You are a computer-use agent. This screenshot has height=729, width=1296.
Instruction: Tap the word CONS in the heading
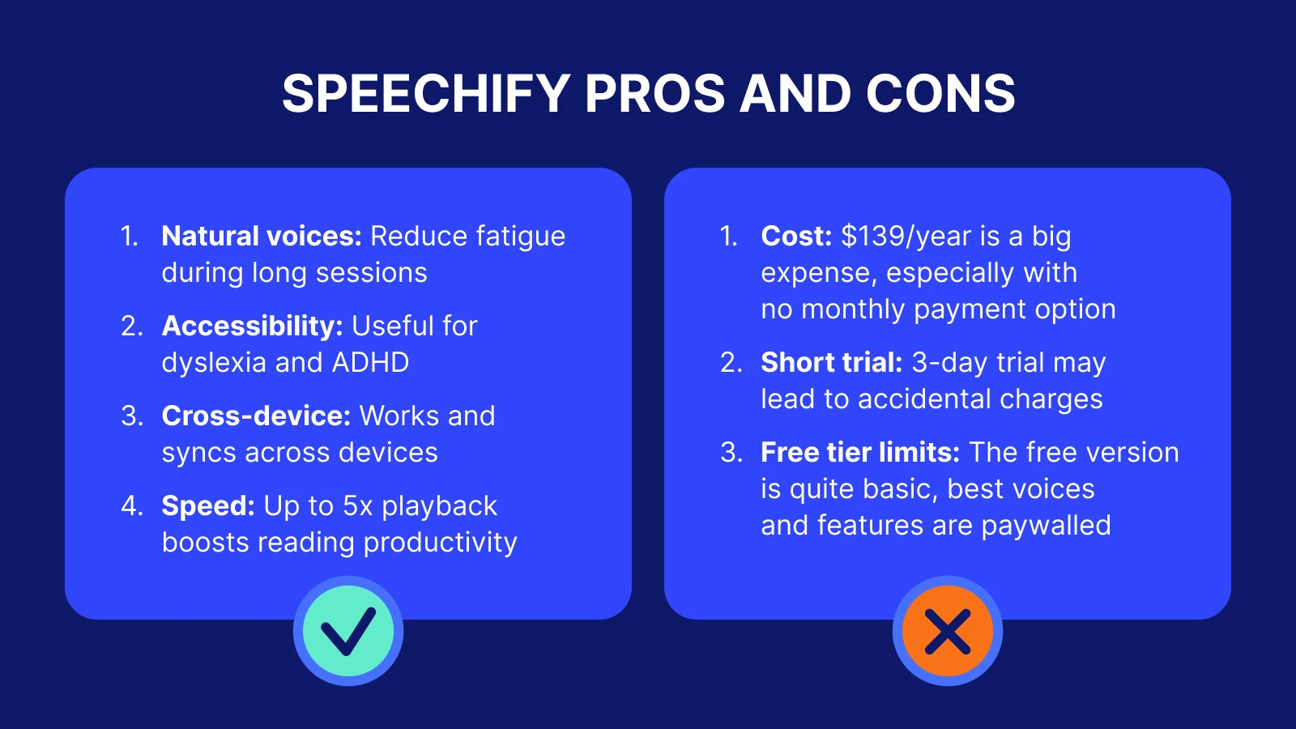point(940,94)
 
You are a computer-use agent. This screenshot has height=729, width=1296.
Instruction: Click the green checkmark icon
point(348,631)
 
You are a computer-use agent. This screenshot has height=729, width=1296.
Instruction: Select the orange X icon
point(948,631)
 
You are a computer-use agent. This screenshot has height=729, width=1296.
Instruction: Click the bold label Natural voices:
point(262,236)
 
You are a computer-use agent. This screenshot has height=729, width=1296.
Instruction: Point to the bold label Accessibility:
point(253,326)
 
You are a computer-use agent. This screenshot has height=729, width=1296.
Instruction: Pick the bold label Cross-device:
point(256,416)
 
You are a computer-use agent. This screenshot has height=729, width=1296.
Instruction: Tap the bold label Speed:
point(209,505)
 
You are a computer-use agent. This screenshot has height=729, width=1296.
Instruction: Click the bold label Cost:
point(796,236)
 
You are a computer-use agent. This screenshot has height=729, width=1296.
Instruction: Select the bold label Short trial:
point(831,362)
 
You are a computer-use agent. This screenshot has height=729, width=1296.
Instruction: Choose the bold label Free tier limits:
point(860,452)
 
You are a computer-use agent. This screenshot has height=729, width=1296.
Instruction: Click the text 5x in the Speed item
point(357,505)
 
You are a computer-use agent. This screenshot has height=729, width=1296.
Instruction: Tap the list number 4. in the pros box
point(131,505)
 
